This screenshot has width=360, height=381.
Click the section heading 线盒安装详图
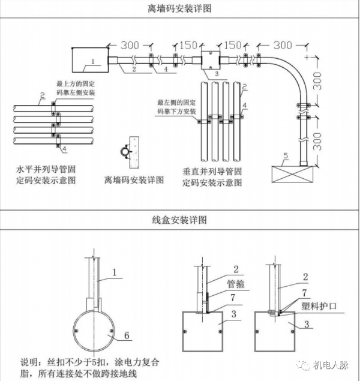[x=180, y=220]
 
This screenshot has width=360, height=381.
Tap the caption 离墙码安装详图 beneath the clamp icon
[x=134, y=179]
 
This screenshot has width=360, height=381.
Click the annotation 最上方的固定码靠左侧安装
[x=75, y=90]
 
